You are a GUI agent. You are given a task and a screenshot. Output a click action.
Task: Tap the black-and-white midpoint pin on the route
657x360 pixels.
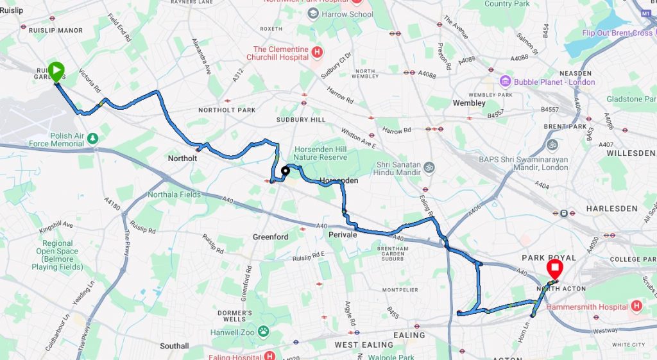[285, 171]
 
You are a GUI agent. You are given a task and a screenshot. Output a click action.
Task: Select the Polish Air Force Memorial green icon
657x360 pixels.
[93, 138]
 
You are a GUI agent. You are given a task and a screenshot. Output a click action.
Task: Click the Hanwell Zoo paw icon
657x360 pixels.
[263, 332]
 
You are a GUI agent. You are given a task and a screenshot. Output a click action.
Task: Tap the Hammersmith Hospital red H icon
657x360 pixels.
[636, 307]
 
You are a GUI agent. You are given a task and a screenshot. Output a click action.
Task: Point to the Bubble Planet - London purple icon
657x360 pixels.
[506, 81]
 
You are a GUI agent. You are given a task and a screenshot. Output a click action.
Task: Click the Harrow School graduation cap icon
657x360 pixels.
[313, 14]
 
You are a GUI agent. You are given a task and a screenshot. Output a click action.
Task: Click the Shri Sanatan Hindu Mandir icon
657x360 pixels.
[429, 167]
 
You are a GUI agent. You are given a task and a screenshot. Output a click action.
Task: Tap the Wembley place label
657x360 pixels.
[469, 103]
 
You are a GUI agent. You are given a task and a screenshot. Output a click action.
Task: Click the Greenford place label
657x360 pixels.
[269, 237]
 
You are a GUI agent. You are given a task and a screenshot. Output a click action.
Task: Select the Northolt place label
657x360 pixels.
[182, 158]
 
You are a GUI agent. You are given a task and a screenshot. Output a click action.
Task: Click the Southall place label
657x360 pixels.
[174, 346]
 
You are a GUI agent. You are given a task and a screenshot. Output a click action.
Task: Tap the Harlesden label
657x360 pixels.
[611, 209]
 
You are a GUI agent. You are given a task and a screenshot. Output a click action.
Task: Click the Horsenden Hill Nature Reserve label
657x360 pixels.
[320, 153]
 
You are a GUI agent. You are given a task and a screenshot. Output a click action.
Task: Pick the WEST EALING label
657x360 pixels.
[364, 345]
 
